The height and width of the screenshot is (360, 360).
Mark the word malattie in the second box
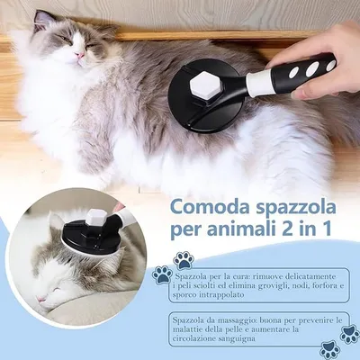click(202, 332)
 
